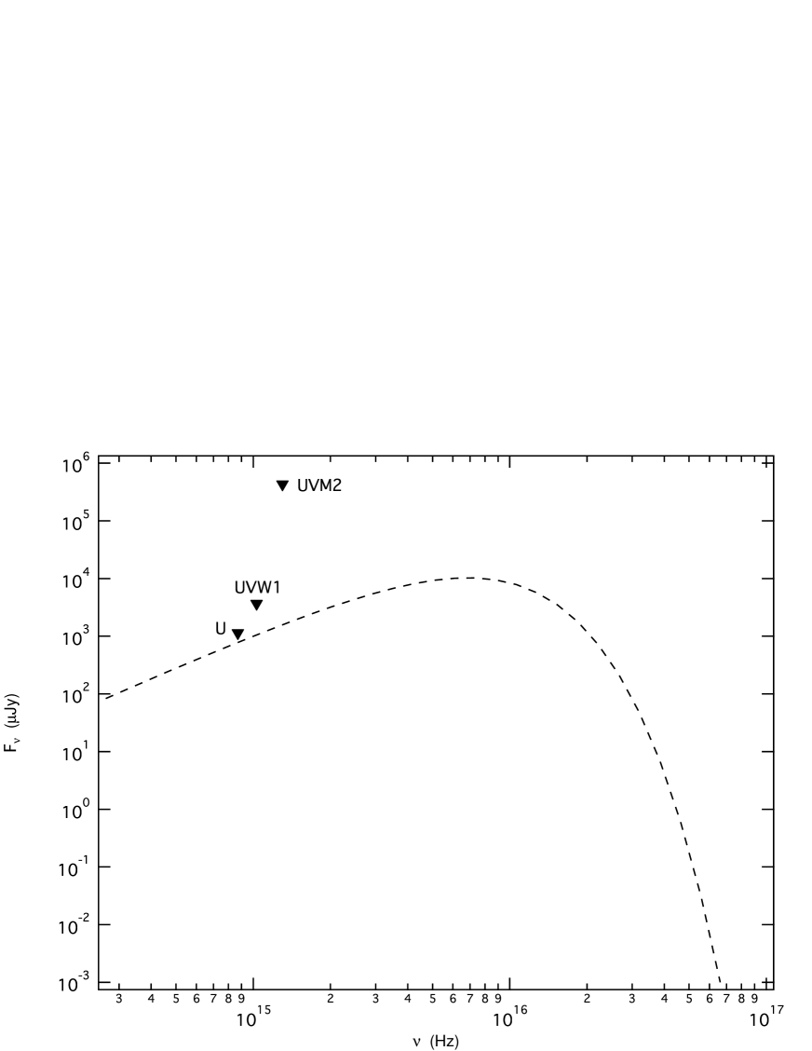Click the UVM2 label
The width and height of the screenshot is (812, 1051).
tap(319, 485)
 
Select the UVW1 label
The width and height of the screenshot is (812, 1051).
tap(258, 588)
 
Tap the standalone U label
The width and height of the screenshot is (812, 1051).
tap(221, 629)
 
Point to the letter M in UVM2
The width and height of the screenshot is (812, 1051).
tap(326, 485)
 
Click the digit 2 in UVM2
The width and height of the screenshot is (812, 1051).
tap(337, 485)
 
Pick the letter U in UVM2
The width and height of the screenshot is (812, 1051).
tap(304, 485)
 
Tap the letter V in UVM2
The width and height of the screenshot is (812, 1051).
tap(314, 485)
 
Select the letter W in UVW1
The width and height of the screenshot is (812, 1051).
tap(264, 588)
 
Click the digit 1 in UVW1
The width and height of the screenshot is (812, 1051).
tap(276, 588)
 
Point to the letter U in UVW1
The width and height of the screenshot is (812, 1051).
tap(240, 588)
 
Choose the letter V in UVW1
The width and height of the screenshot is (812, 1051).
tap(250, 588)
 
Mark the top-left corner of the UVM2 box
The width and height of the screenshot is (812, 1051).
tap(297, 475)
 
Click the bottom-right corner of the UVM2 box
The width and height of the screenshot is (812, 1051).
tap(344, 497)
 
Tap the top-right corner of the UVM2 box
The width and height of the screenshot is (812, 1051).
tap(344, 475)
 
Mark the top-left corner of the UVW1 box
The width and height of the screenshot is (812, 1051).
tap(234, 578)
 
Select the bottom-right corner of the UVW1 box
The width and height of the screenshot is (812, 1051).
tap(283, 599)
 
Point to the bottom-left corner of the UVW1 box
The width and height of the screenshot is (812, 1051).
tap(234, 599)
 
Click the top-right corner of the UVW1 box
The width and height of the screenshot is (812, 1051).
tap(283, 578)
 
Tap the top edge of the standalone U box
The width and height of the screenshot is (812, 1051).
tap(221, 619)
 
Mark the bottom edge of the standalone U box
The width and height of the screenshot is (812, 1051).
tap(221, 640)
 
